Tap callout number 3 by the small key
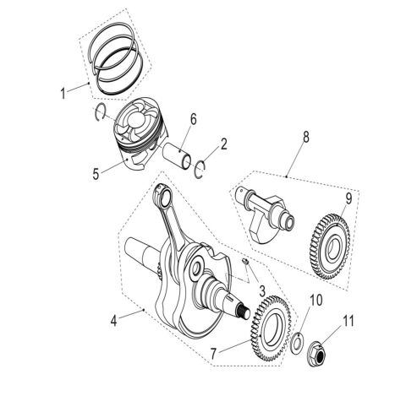(263, 290)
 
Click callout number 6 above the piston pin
(193, 121)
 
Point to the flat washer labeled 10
(299, 342)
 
